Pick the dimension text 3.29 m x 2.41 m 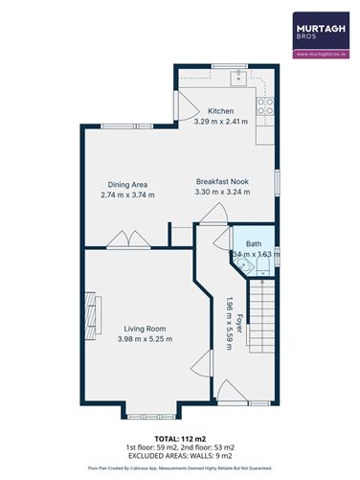pyautogui.click(x=221, y=123)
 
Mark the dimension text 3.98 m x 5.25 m pyautogui.click(x=143, y=339)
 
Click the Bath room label pyautogui.click(x=253, y=244)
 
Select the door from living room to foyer pyautogui.click(x=203, y=363)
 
